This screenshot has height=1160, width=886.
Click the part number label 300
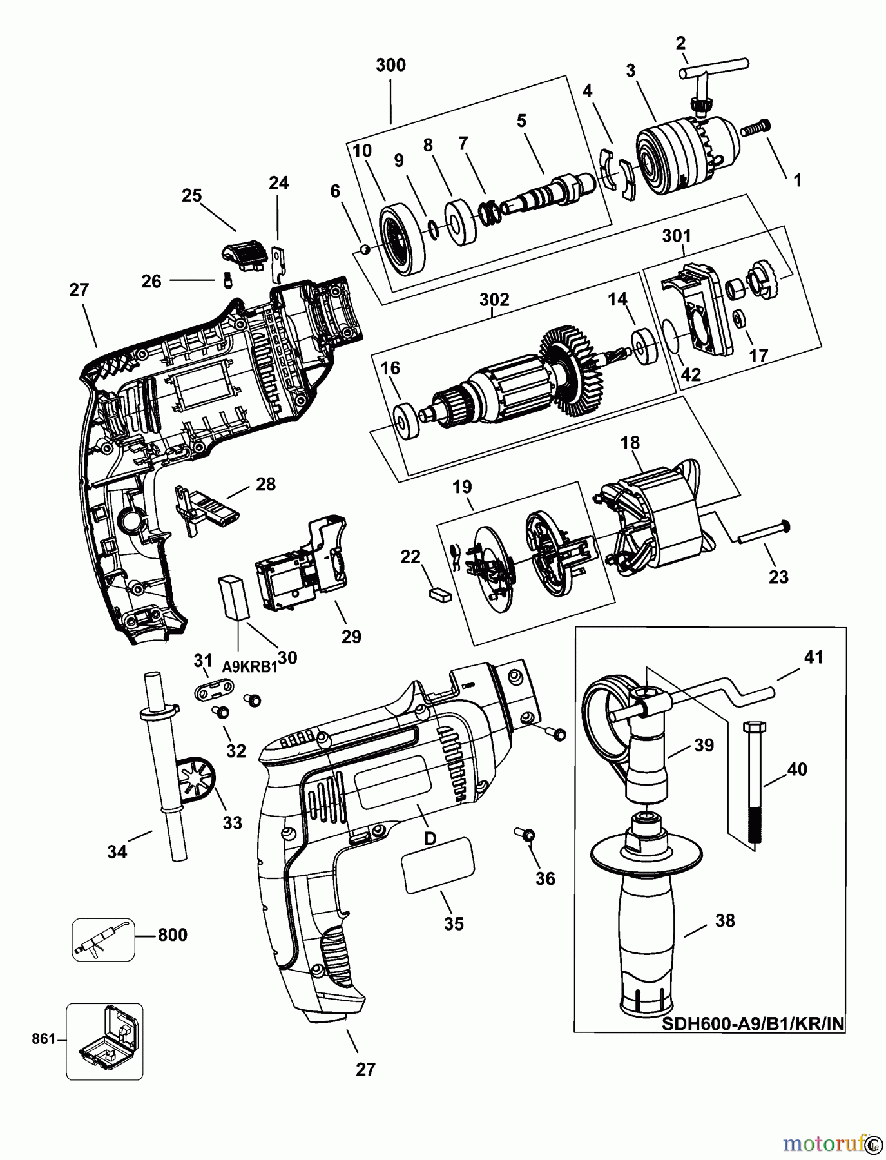(390, 65)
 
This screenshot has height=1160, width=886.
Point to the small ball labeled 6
(364, 249)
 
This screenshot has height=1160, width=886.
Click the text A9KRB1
(249, 667)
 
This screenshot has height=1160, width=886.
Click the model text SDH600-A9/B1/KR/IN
(753, 1023)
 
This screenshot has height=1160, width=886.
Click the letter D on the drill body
(430, 838)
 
